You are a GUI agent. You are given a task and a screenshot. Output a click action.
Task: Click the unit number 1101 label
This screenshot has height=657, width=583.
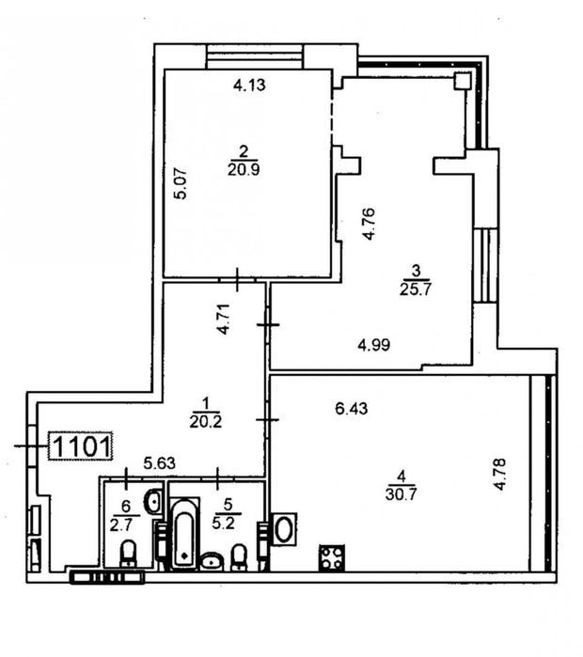82,446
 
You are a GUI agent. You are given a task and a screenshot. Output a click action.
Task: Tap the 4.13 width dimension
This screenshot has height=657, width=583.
249,85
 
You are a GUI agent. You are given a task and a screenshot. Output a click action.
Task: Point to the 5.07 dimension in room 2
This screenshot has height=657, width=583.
181,182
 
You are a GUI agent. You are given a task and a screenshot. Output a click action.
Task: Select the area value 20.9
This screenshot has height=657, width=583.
244,169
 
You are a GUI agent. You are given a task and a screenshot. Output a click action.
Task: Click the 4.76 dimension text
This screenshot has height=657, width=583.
369,224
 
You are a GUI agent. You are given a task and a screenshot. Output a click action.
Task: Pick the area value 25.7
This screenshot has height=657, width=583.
416,289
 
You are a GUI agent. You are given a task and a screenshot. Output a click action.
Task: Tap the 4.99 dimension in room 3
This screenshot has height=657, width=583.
374,345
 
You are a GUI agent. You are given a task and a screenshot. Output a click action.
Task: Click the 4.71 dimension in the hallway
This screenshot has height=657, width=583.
224,319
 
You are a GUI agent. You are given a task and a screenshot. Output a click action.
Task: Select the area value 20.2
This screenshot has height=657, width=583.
205,421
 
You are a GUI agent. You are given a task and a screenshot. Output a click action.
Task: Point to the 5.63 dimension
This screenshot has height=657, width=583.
159,463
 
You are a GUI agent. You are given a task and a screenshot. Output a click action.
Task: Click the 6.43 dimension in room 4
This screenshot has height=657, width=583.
352,408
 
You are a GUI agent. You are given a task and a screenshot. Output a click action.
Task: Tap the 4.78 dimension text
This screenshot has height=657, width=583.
500,475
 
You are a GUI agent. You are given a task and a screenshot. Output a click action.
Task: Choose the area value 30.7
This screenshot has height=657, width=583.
402,494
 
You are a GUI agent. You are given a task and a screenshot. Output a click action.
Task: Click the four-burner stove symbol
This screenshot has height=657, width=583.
332,557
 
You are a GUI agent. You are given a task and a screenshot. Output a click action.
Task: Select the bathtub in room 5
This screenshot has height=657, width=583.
184,533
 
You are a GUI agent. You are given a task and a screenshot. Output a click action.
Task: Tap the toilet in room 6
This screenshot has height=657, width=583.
128,553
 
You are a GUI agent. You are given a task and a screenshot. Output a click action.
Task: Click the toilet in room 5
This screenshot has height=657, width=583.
239,557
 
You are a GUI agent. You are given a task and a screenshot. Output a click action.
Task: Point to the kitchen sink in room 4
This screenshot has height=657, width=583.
285,529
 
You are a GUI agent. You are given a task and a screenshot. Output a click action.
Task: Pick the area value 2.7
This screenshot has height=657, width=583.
120,525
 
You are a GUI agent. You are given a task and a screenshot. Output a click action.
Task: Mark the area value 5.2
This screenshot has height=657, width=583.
223,524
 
